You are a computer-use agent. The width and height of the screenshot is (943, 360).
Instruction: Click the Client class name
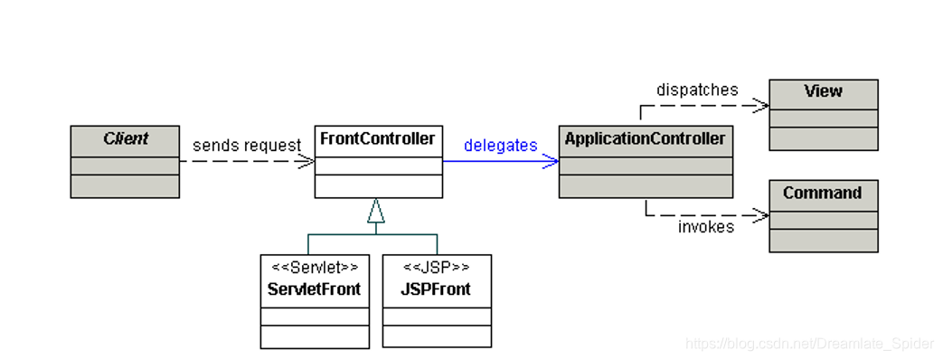(x=125, y=138)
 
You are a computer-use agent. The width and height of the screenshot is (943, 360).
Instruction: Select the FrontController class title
(x=378, y=138)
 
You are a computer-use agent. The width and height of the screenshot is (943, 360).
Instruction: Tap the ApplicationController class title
(x=645, y=138)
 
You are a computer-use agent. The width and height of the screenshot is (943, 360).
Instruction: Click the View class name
(x=823, y=91)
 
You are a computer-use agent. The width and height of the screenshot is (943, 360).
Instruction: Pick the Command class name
(x=823, y=194)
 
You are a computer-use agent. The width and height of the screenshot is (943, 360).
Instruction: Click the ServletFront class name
(x=315, y=289)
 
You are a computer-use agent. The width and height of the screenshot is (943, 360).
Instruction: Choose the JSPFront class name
(x=437, y=289)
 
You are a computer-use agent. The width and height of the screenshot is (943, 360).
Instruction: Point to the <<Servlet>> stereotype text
(x=315, y=268)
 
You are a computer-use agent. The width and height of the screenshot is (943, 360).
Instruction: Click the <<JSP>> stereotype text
(x=437, y=268)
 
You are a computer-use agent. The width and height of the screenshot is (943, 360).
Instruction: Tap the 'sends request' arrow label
(x=246, y=145)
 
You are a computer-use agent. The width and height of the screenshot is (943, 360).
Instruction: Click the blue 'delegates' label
(x=500, y=145)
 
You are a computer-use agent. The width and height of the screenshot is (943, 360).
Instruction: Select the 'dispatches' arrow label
(x=697, y=90)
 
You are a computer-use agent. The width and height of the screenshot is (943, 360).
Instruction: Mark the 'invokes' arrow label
(x=706, y=227)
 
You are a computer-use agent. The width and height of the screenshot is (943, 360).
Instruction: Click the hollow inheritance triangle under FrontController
(x=376, y=212)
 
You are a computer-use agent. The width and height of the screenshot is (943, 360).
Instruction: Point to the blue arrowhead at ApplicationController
(x=552, y=162)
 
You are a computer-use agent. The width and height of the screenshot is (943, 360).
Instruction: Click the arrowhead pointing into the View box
(x=761, y=105)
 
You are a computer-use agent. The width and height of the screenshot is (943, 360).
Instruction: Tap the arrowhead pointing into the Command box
(x=761, y=215)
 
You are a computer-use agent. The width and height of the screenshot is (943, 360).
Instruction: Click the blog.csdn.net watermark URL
(x=808, y=344)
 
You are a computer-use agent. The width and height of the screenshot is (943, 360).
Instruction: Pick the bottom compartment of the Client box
(x=125, y=186)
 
